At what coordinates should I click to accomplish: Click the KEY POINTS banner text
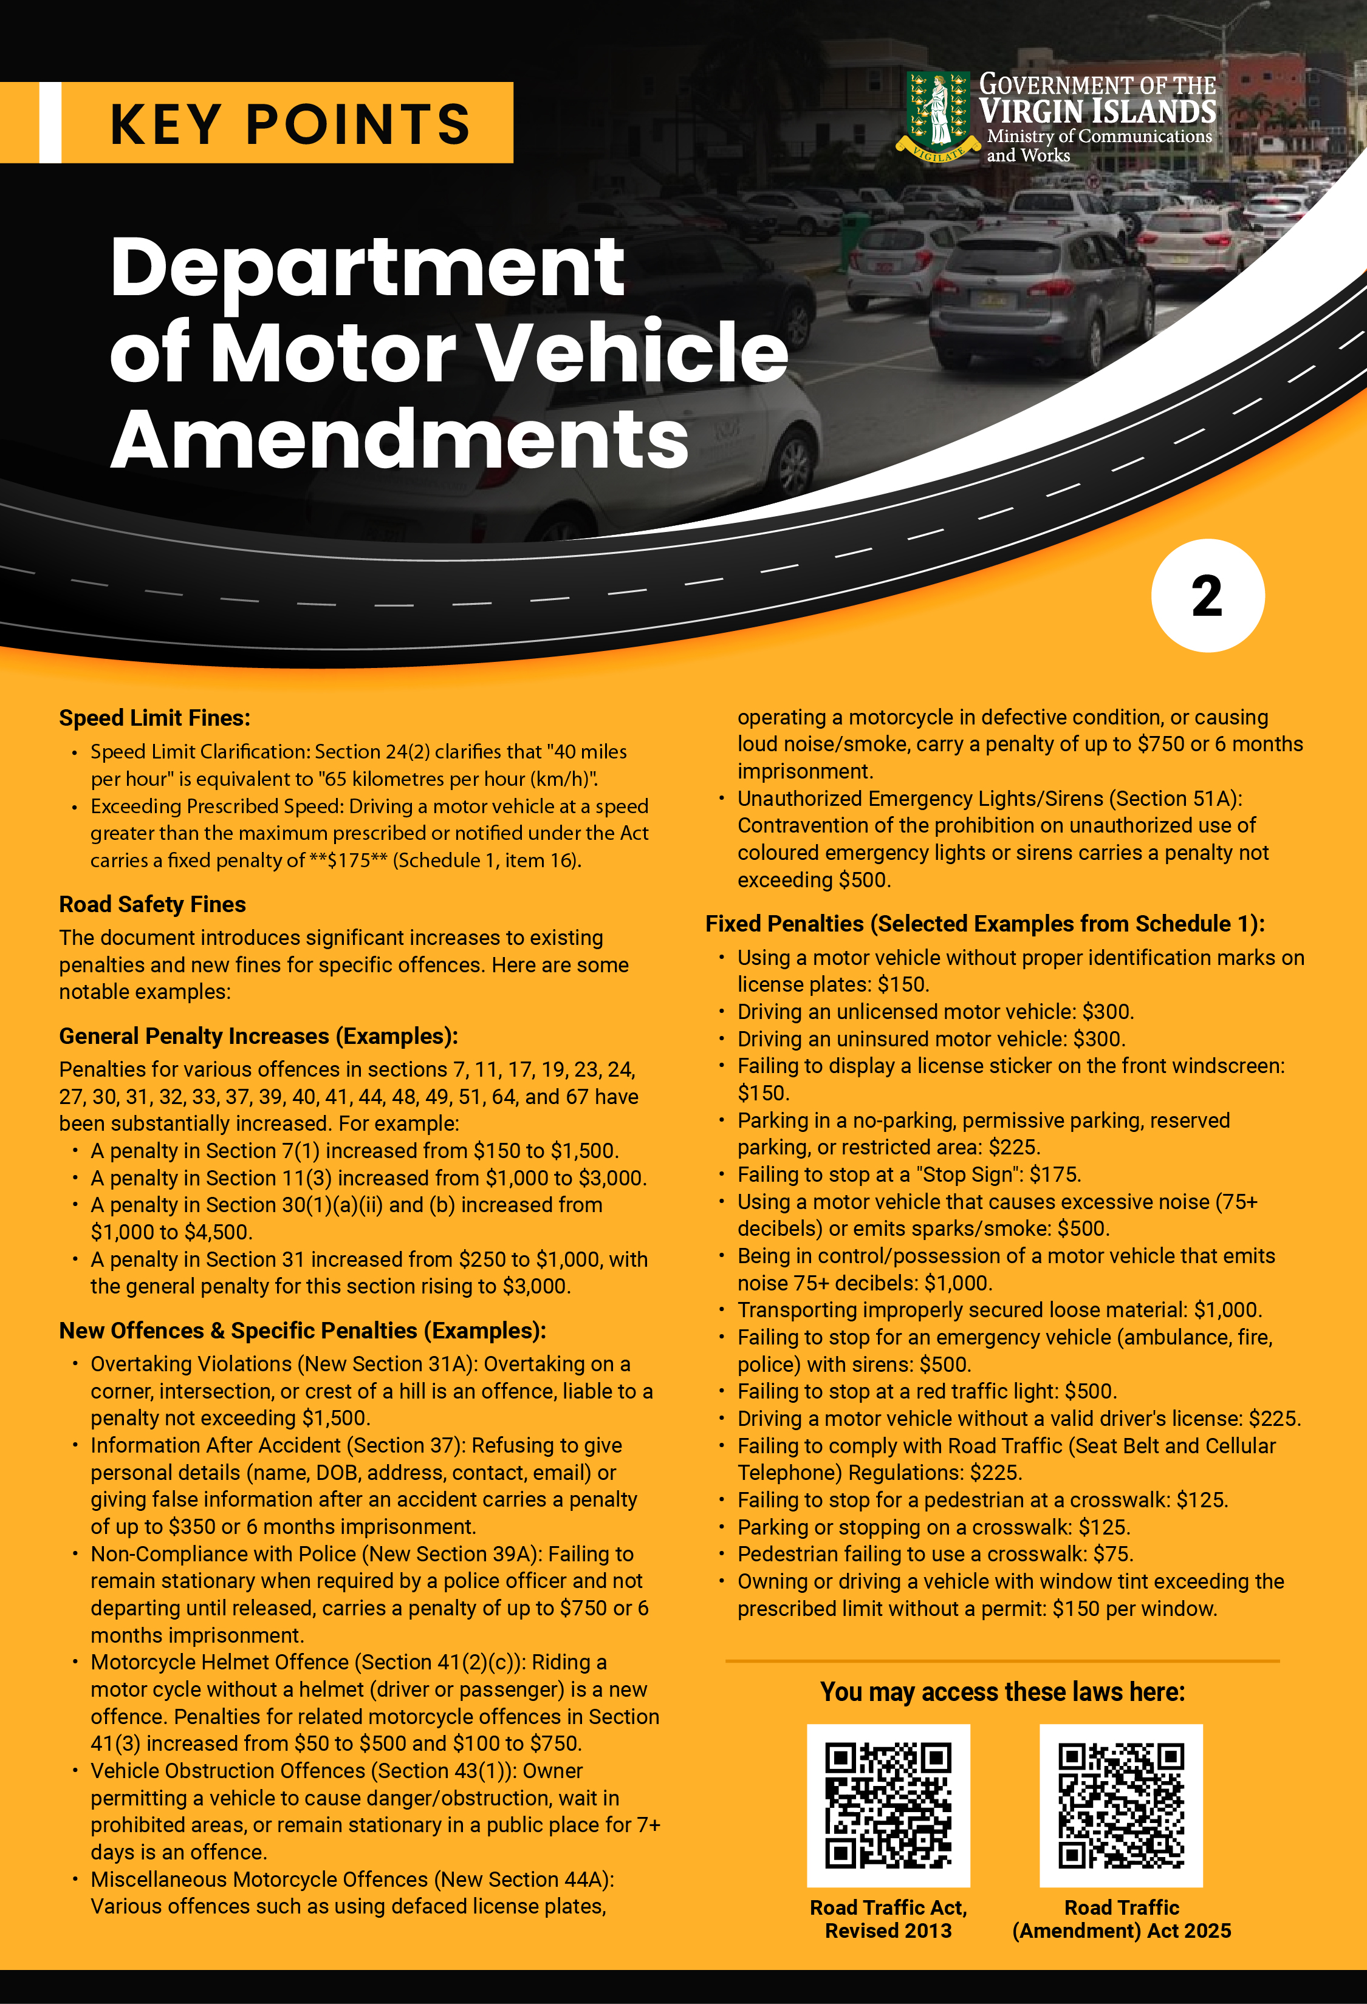(x=290, y=123)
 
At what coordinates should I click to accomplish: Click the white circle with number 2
(x=1207, y=596)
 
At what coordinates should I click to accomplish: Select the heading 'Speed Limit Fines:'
(x=154, y=717)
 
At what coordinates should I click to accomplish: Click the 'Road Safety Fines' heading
(x=152, y=904)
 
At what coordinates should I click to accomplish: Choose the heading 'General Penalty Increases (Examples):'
(x=258, y=1035)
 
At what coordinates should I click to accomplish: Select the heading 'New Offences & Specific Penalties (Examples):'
(x=302, y=1331)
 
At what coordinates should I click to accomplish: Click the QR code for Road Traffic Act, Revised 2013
(x=888, y=1805)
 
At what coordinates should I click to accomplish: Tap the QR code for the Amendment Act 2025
(x=1120, y=1805)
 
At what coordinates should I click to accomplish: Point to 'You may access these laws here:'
(x=1002, y=1692)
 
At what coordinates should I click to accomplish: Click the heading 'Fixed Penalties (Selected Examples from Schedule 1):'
(x=984, y=924)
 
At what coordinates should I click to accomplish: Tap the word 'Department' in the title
(x=366, y=267)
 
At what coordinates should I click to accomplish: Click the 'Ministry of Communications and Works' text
(x=1098, y=146)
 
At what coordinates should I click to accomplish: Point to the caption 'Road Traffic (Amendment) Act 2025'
(x=1120, y=1920)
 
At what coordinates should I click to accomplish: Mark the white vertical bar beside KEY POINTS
(x=50, y=123)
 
